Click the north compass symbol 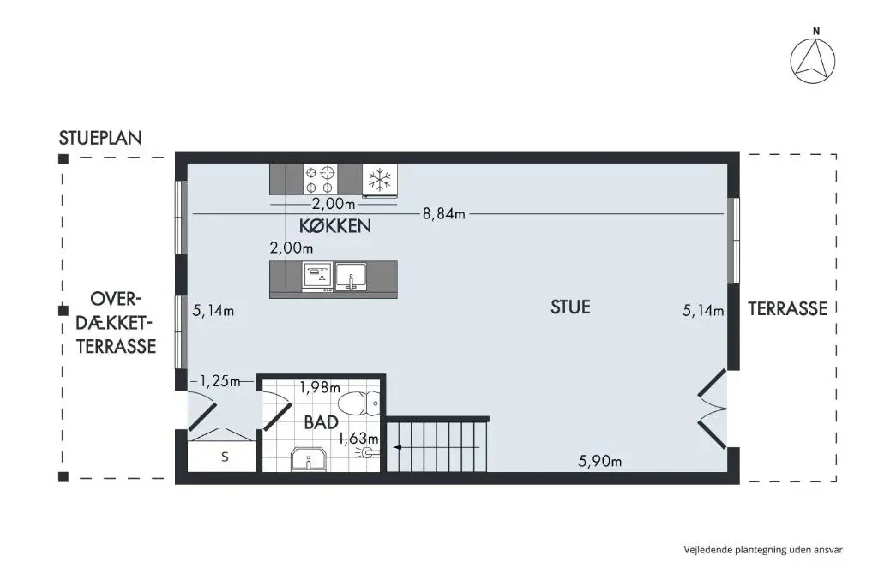[813, 62]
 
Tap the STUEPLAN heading [101, 138]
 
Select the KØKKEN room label [335, 226]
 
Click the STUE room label [570, 307]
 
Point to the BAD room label [321, 422]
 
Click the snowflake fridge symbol [380, 180]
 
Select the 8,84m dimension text [443, 214]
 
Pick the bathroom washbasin [309, 458]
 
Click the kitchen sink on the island [351, 277]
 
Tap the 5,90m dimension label [599, 462]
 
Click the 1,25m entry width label [220, 381]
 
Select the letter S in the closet [226, 457]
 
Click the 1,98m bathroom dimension [320, 387]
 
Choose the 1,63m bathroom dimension [358, 439]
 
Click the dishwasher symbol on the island [317, 277]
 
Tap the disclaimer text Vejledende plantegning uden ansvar [763, 550]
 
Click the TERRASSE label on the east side [787, 308]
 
